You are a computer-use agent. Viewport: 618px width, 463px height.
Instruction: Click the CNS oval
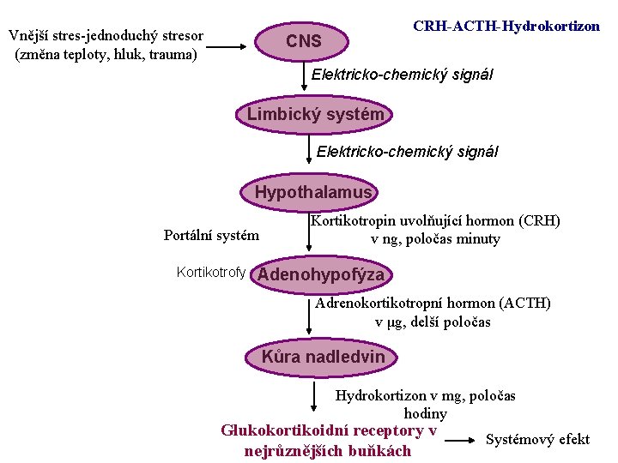coord(304,40)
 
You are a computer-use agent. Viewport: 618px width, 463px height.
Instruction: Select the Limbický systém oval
coord(315,114)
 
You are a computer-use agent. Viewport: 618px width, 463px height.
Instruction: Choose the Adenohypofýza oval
coord(321,274)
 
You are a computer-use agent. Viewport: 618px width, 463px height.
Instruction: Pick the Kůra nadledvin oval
coord(323,357)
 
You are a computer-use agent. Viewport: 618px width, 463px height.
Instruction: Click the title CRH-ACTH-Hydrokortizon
coord(506,26)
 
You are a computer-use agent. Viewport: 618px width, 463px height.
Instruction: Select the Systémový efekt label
coord(537,440)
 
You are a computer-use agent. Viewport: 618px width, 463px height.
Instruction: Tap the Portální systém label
coord(211,235)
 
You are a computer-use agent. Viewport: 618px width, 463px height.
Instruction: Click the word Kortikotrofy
coord(210,273)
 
